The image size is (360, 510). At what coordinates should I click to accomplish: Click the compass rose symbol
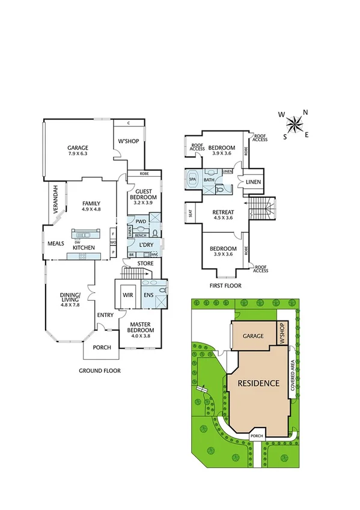tap(294, 124)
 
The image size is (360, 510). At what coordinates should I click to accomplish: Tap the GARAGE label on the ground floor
tap(78, 148)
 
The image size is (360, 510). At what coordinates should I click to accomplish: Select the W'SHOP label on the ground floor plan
tap(129, 143)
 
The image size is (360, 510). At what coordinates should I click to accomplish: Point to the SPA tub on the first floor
tap(193, 179)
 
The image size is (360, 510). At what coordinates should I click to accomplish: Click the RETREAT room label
tap(222, 212)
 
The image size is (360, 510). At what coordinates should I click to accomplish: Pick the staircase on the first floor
tap(263, 211)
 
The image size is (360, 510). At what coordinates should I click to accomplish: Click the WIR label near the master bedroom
tap(127, 295)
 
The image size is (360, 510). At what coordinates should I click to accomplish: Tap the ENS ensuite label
tap(148, 295)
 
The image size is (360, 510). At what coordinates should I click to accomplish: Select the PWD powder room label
tap(142, 222)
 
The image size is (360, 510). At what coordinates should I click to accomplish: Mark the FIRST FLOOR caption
tap(225, 286)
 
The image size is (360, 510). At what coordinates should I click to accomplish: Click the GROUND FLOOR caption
tap(100, 371)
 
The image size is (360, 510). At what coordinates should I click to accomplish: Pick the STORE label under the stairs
tap(145, 263)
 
